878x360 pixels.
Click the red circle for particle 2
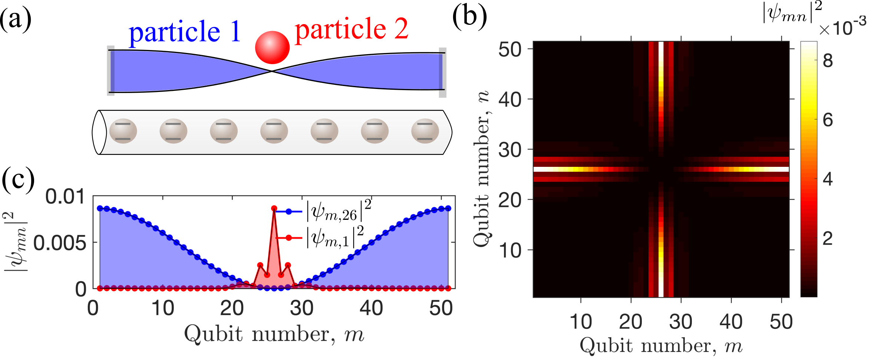[x=272, y=47]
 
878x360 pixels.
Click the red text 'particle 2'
[x=351, y=30]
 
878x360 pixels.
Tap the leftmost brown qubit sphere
[x=123, y=131]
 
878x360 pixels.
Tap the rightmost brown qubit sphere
[x=425, y=131]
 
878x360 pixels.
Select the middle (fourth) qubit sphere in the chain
[x=274, y=131]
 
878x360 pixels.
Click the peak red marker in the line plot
[x=274, y=208]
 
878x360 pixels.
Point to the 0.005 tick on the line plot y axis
[x=60, y=243]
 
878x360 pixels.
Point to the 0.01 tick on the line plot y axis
[x=65, y=196]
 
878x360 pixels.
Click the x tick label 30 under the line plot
[x=301, y=308]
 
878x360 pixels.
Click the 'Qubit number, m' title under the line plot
[x=274, y=334]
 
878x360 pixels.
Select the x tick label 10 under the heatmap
[x=580, y=321]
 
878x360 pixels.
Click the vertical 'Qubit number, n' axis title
[x=482, y=169]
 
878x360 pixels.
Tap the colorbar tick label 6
[x=828, y=120]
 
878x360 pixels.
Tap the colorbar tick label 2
[x=828, y=238]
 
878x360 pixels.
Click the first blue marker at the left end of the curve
[x=100, y=208]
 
